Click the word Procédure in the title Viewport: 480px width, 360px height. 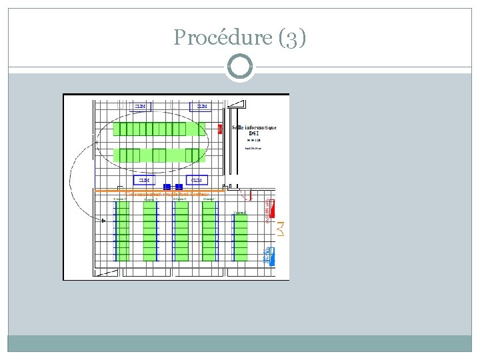(219, 37)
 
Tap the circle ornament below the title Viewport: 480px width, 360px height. (240, 67)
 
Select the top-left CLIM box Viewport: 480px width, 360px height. (141, 106)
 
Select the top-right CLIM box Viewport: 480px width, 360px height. (201, 106)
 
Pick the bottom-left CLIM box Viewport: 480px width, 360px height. (144, 180)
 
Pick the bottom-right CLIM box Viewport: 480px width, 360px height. (197, 180)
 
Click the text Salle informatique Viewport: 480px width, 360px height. (254, 127)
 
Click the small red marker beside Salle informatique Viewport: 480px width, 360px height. (220, 129)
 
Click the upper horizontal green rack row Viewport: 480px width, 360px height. (159, 129)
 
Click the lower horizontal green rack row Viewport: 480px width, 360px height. (159, 155)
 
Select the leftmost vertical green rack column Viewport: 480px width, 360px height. (122, 231)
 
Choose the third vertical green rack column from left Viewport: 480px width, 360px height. (181, 231)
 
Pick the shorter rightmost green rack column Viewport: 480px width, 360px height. (240, 237)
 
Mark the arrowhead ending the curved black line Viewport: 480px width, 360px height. (103, 220)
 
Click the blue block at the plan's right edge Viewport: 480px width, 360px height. (269, 255)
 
